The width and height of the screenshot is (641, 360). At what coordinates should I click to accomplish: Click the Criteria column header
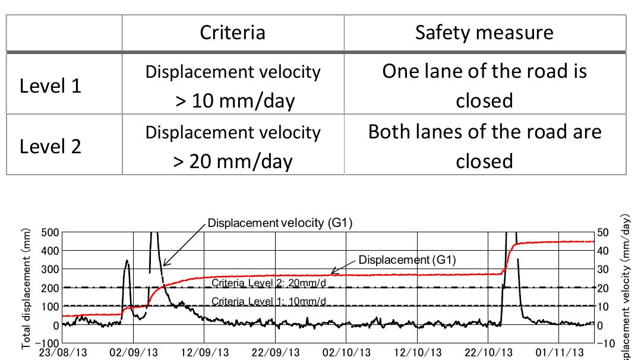pos(232,32)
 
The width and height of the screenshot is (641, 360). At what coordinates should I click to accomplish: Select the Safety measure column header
pos(484,32)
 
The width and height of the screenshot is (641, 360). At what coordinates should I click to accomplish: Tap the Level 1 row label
pos(50,86)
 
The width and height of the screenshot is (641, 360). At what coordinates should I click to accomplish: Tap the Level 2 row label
pos(50,146)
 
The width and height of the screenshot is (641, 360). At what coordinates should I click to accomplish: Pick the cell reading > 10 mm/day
pos(232,87)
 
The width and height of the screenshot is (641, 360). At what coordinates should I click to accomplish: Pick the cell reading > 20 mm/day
pos(232,147)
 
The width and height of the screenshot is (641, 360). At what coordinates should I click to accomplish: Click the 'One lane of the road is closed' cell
pos(484,87)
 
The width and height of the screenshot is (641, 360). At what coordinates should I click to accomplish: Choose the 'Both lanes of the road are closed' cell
pos(484,147)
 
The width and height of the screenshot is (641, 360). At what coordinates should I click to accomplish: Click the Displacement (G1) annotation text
pos(408,260)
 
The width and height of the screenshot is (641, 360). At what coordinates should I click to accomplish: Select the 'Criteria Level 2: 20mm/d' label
pos(269,283)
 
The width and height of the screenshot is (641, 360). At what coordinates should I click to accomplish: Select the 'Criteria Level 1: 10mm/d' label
pos(269,301)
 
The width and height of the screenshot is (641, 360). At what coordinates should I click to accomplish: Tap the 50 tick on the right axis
pos(602,232)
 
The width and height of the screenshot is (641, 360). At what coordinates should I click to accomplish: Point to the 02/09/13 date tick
pos(134,353)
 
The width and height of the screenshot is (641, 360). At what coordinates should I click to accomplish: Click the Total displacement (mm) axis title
pos(27,288)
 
